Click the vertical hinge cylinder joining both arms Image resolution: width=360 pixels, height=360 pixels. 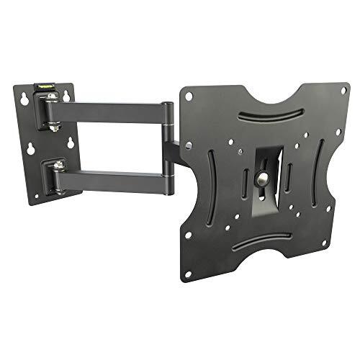168,140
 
